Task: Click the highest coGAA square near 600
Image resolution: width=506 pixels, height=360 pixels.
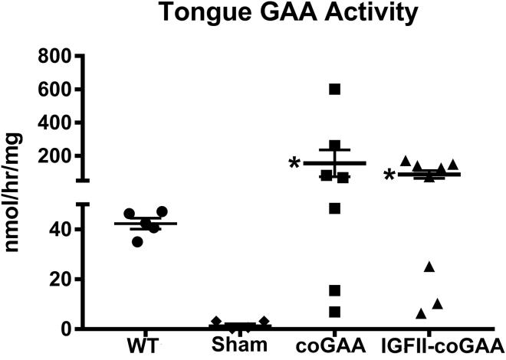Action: [335, 90]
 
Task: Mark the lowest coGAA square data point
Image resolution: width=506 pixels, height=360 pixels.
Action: [335, 312]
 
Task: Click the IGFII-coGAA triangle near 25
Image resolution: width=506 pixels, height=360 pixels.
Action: [429, 267]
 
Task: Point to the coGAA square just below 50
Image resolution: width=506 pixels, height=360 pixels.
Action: [335, 208]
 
